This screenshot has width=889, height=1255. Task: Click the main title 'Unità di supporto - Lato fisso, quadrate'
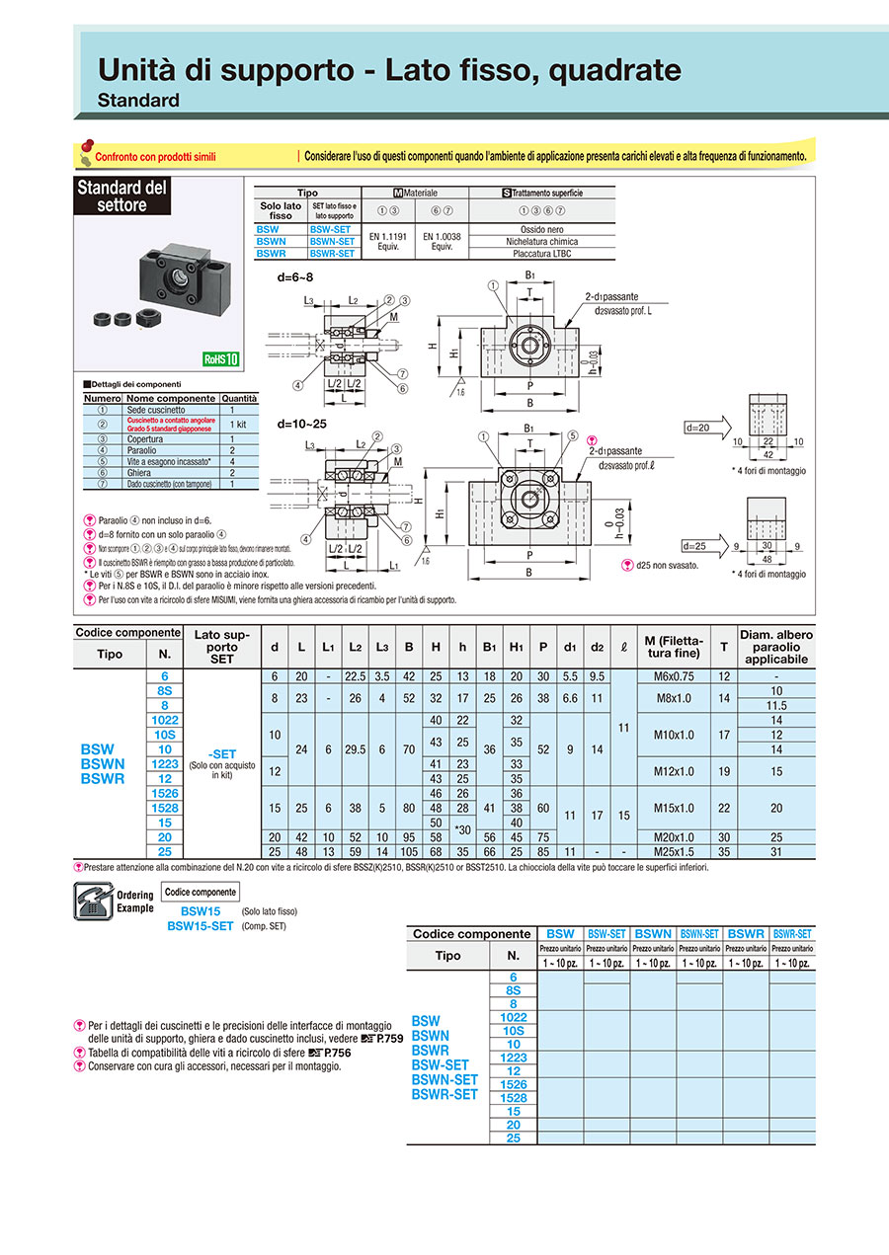[389, 70]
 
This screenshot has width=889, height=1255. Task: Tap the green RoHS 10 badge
[221, 359]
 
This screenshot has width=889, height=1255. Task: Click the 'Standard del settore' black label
[122, 196]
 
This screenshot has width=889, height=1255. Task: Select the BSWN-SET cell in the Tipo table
[332, 241]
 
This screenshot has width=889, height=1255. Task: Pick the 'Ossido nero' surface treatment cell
[541, 229]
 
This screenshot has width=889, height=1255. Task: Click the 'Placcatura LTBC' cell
[541, 254]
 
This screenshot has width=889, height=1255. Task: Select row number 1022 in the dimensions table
[159, 720]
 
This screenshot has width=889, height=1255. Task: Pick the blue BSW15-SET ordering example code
[200, 926]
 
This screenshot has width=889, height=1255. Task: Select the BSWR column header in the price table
[746, 933]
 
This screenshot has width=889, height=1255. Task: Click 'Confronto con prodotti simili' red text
[154, 156]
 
